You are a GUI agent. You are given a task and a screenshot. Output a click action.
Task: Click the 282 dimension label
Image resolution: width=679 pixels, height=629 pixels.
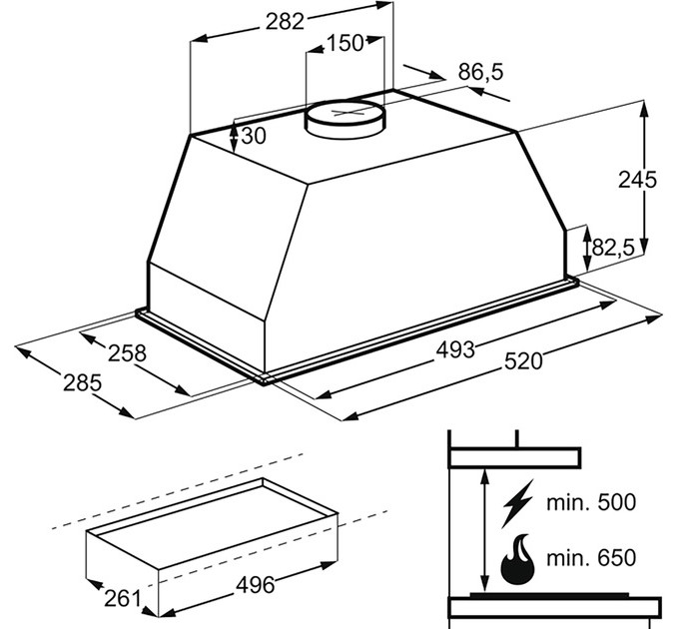tap(285, 22)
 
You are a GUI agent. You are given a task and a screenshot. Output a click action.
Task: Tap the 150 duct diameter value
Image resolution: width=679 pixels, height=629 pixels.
tap(344, 43)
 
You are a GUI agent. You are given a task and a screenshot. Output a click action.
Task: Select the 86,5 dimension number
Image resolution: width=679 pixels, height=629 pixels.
tap(480, 72)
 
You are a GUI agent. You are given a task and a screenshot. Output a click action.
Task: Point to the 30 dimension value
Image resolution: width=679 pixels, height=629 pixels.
tap(253, 136)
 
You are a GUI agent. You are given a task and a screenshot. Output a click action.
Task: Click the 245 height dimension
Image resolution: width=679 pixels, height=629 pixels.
tap(637, 180)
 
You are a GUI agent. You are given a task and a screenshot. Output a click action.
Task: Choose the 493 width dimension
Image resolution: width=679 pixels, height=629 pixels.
tap(455, 349)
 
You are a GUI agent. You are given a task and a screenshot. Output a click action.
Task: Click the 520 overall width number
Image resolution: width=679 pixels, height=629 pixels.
tap(523, 361)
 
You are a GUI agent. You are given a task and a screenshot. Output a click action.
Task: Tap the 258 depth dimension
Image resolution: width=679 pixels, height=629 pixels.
tap(128, 352)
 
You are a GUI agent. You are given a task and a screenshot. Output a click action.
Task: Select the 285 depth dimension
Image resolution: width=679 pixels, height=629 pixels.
tap(82, 383)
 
